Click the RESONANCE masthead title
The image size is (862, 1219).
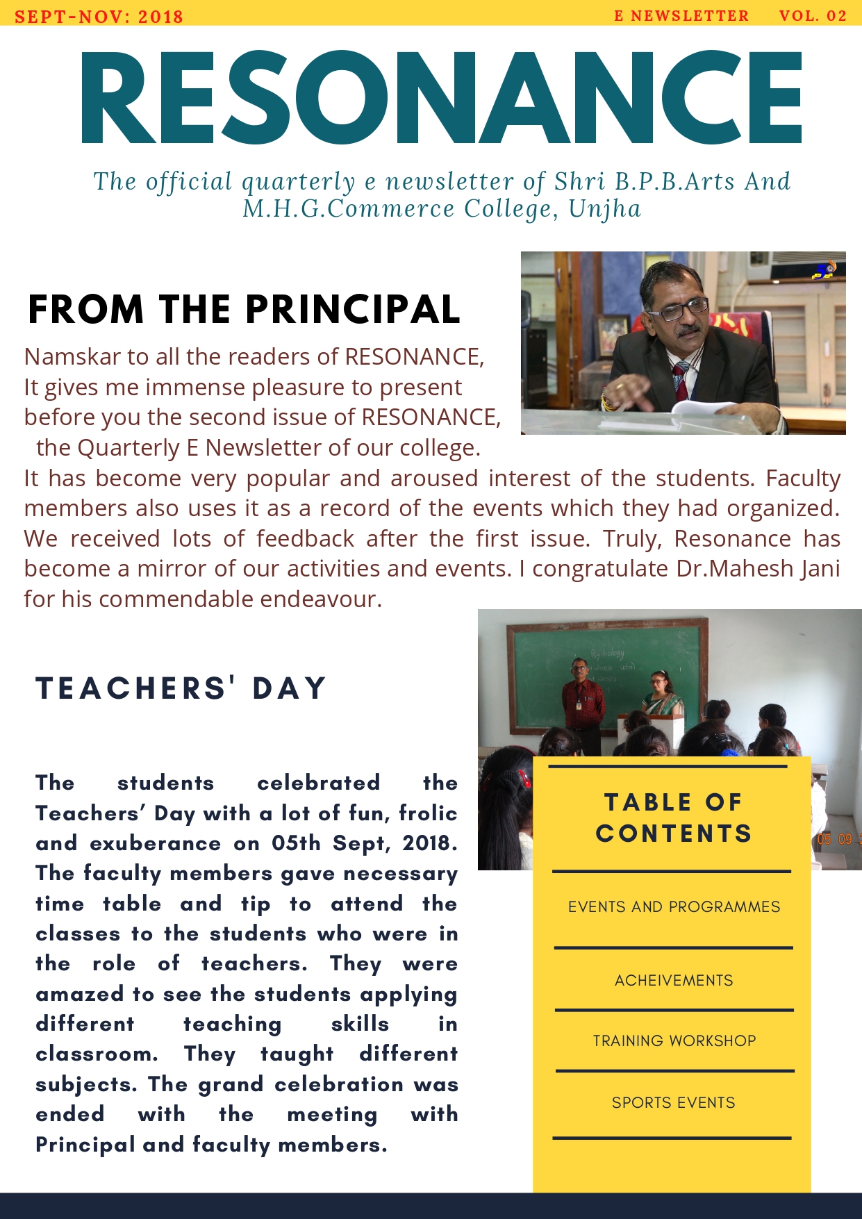(442, 97)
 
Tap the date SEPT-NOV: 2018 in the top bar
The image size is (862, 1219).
(99, 16)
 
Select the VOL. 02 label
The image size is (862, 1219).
(813, 16)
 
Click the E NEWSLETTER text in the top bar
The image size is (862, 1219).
(681, 16)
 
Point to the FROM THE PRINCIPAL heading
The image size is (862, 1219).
(244, 310)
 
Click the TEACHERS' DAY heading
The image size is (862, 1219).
(181, 688)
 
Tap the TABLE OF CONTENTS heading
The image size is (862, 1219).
(674, 818)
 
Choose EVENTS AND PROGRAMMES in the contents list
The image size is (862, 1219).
(674, 907)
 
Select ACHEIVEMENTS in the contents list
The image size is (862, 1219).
(674, 981)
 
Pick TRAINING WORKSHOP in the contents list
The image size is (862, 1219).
(674, 1041)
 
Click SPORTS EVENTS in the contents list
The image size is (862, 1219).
(673, 1103)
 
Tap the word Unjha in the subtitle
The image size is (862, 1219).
(604, 209)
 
